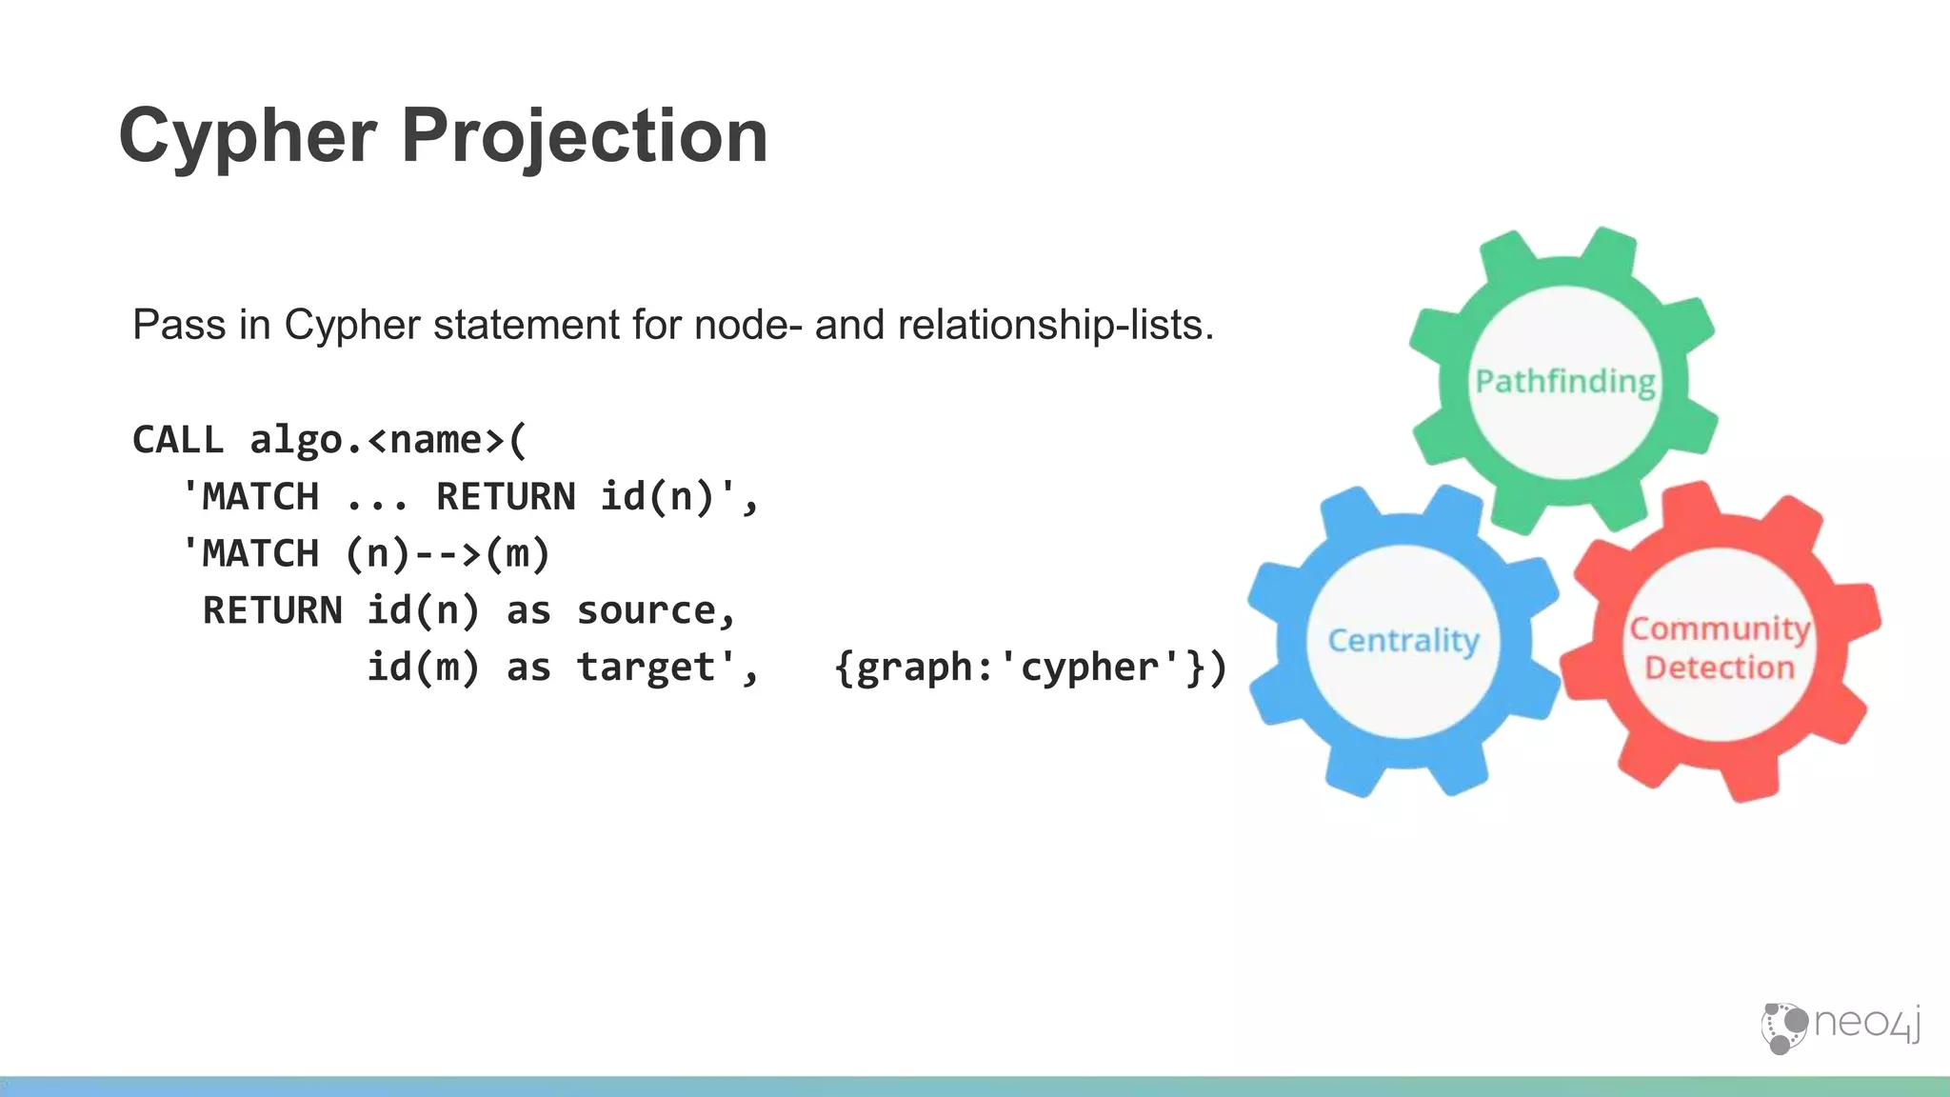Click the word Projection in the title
coord(584,136)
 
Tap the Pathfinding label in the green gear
coord(1565,382)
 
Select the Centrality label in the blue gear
coord(1403,640)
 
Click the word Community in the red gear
coord(1720,628)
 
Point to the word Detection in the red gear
coord(1720,668)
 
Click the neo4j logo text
coord(1867,1024)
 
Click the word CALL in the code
coord(178,440)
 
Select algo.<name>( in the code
coord(388,440)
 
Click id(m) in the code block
coord(423,668)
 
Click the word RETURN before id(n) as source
coord(272,610)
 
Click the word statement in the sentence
coord(527,325)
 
